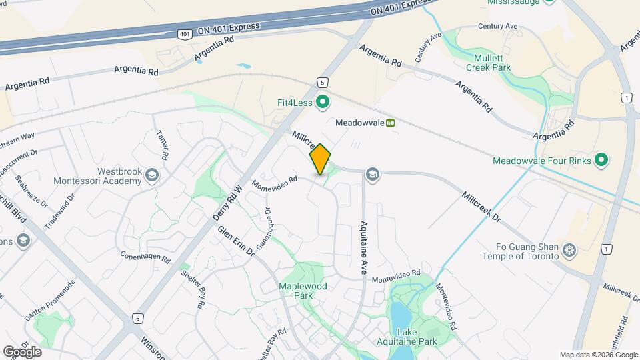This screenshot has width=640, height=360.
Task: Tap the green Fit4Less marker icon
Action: [x=323, y=103]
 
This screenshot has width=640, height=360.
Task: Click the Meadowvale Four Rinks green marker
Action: [x=601, y=160]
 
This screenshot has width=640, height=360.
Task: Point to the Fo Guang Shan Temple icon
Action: [x=569, y=251]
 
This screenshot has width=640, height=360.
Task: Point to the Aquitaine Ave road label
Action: [x=365, y=247]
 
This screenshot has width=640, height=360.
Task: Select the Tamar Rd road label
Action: [x=163, y=140]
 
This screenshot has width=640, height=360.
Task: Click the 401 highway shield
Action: [x=183, y=33]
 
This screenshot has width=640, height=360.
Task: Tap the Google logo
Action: [x=22, y=351]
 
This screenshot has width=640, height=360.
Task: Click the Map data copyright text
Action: [x=598, y=355]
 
